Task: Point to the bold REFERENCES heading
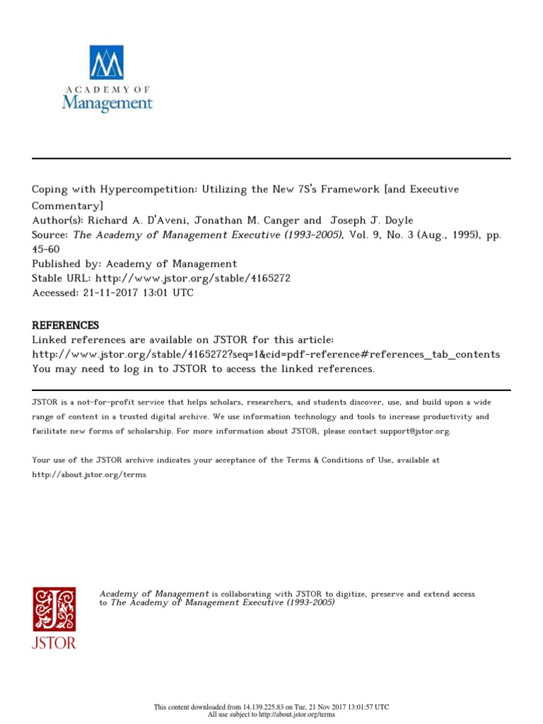click(66, 325)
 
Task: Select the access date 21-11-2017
click(117, 293)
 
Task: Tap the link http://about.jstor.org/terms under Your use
click(89, 474)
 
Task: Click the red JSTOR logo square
click(54, 609)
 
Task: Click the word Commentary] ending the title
click(67, 205)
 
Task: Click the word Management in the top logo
click(107, 103)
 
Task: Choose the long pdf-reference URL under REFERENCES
click(266, 354)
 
